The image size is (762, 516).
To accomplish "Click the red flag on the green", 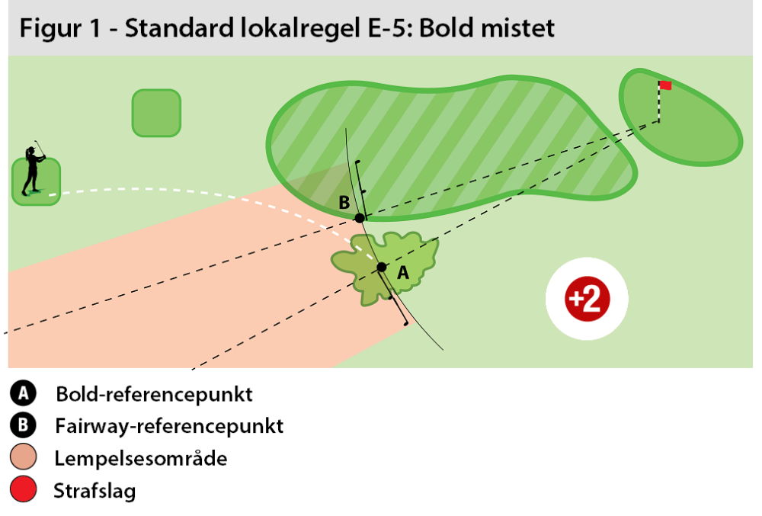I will (x=665, y=85).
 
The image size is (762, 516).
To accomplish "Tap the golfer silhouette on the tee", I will (x=33, y=169).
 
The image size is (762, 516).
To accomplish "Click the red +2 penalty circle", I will (x=588, y=300).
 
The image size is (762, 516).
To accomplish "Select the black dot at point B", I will (x=360, y=218).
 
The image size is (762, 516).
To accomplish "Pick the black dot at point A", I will (x=382, y=267).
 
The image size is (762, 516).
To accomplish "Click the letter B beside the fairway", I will (x=344, y=203).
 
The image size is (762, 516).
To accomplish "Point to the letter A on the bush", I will (x=403, y=272).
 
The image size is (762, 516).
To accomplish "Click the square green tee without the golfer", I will (x=156, y=113).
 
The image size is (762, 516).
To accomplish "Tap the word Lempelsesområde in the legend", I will (x=141, y=459).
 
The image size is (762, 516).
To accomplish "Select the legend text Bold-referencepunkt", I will (x=153, y=395).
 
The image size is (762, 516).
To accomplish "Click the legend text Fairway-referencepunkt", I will (x=168, y=426).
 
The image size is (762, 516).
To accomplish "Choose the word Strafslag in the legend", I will (x=94, y=491).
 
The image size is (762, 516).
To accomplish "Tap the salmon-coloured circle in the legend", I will (x=24, y=459).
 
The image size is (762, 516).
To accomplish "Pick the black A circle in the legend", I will (x=24, y=394).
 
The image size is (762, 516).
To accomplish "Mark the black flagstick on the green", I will (x=659, y=103).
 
